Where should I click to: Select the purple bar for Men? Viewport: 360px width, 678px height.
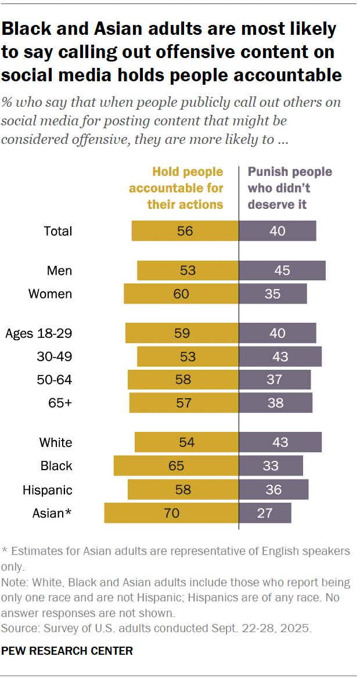coord(282,271)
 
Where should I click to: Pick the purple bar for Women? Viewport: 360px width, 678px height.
coord(273,294)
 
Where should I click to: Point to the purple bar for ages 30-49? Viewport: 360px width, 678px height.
coord(280,356)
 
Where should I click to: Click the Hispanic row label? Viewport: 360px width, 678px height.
coord(48,489)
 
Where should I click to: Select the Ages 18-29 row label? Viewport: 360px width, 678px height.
coord(38,333)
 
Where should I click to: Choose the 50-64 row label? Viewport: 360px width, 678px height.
coord(55,380)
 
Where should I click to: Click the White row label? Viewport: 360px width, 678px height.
coord(56,442)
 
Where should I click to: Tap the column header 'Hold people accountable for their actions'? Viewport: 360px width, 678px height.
coord(177,188)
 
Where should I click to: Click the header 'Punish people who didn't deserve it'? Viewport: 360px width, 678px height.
coord(290,188)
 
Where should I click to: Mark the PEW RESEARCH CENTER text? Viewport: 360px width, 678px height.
coord(67,651)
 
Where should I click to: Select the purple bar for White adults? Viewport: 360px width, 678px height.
coord(280,442)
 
